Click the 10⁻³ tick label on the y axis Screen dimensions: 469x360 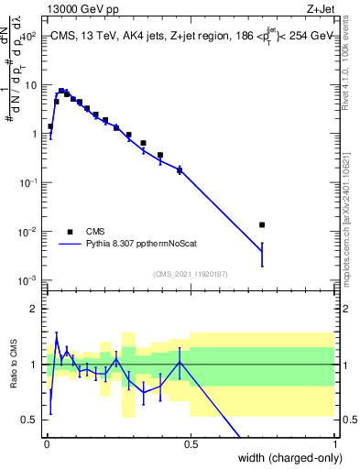click(28, 279)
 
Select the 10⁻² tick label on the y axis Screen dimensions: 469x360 click(28, 231)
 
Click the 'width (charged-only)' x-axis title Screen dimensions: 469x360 click(279, 459)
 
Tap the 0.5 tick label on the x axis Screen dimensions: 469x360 click(191, 444)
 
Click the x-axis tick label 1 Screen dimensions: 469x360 click(334, 444)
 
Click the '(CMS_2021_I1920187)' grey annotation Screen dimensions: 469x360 click(190, 272)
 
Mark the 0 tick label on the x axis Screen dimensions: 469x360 click(47, 444)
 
